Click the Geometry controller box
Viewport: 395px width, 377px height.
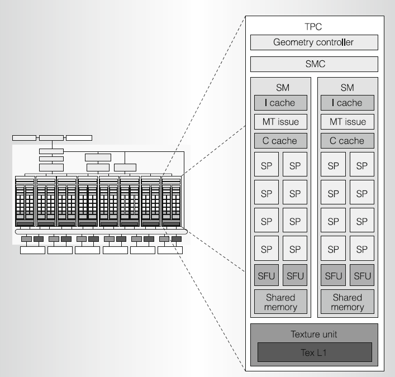(314, 42)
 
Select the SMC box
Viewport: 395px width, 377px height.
(314, 64)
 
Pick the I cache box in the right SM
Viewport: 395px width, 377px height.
(347, 103)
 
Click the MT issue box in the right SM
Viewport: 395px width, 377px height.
(347, 122)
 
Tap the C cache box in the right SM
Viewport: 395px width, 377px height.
(347, 141)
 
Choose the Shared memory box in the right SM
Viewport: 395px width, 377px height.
(347, 302)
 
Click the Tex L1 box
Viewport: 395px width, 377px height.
(314, 352)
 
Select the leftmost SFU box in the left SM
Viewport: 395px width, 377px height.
(266, 275)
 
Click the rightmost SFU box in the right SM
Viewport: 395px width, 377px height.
(362, 275)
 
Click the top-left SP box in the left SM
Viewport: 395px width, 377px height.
(266, 166)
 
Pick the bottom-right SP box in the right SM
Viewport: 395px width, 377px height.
(362, 248)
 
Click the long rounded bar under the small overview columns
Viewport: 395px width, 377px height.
(101, 231)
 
